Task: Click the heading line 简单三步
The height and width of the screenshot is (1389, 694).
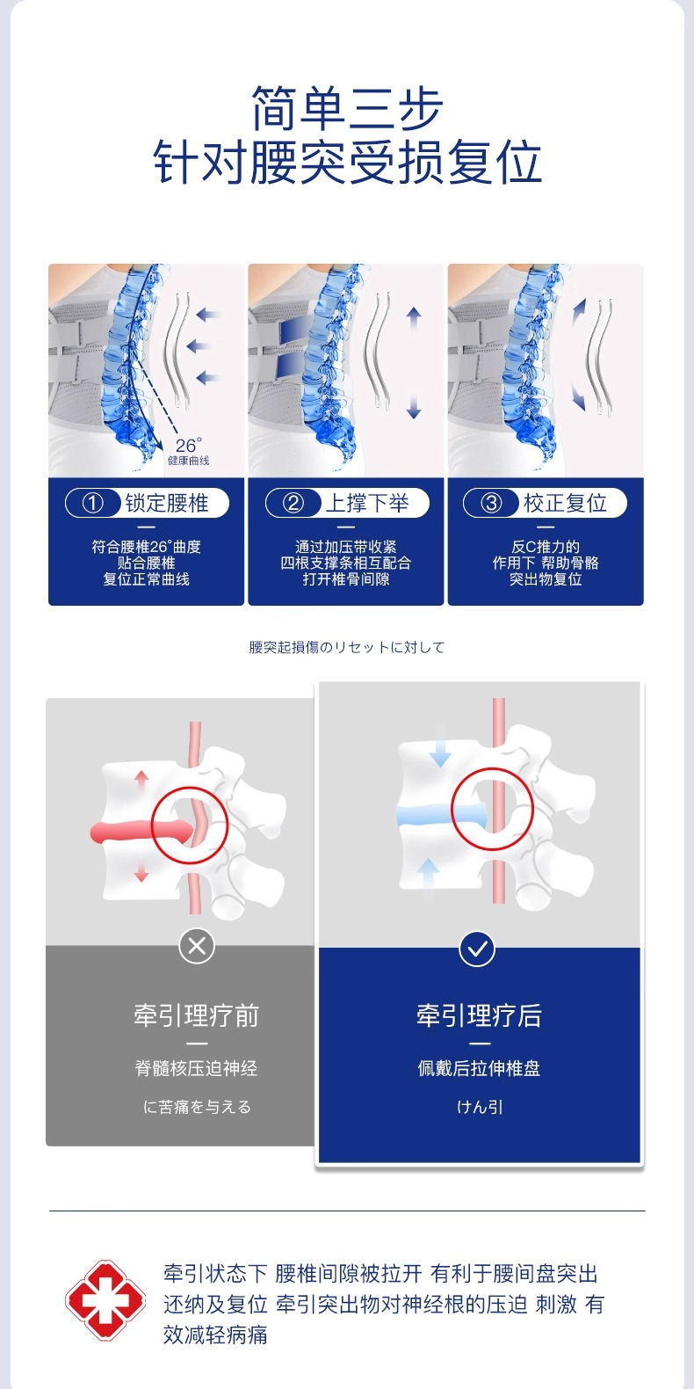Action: click(x=347, y=109)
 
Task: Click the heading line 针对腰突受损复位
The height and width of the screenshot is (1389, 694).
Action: click(x=347, y=164)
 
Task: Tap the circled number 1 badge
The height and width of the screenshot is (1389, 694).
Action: click(x=93, y=503)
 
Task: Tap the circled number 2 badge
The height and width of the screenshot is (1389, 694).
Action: click(x=293, y=503)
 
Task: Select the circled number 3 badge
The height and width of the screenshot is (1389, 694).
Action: click(x=492, y=503)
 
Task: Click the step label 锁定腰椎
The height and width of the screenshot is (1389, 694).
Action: click(x=167, y=503)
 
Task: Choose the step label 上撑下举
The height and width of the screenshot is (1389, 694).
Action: click(x=367, y=503)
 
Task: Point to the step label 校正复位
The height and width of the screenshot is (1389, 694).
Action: click(x=566, y=503)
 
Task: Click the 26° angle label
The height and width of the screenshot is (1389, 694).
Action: click(x=188, y=446)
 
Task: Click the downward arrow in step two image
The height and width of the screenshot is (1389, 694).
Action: click(x=414, y=408)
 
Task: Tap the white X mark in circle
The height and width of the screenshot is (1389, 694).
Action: click(x=197, y=946)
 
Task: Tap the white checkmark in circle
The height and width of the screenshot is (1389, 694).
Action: click(x=477, y=949)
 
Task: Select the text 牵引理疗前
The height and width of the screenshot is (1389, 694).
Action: click(x=197, y=1016)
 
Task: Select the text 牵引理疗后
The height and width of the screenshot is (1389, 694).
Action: click(x=479, y=1016)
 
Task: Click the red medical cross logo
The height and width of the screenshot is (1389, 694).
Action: click(x=105, y=1299)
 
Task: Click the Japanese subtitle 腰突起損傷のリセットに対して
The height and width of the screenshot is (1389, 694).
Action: click(x=347, y=648)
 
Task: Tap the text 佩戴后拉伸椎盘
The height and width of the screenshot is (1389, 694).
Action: click(x=479, y=1068)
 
